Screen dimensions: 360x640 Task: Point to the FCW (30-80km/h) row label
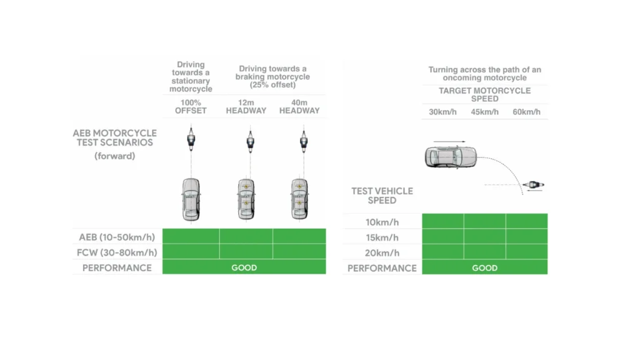coord(117,252)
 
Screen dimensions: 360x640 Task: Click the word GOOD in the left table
coord(244,267)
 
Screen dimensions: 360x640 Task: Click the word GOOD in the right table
coord(484,267)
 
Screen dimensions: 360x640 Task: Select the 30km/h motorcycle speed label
coord(442,112)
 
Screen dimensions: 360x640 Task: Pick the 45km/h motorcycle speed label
coord(484,112)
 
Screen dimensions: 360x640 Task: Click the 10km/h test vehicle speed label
coord(382,221)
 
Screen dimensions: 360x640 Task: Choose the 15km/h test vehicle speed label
coord(382,237)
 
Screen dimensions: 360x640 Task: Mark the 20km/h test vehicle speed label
coord(382,252)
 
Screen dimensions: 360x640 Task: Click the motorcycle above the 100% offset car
coord(191,139)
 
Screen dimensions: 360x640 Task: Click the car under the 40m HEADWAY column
coord(299,199)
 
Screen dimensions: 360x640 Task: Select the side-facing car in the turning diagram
coord(449,157)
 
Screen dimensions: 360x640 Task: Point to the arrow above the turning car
coord(449,141)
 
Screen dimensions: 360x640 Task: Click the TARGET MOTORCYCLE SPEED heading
coord(484,94)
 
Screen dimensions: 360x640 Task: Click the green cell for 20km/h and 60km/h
coord(526,252)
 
